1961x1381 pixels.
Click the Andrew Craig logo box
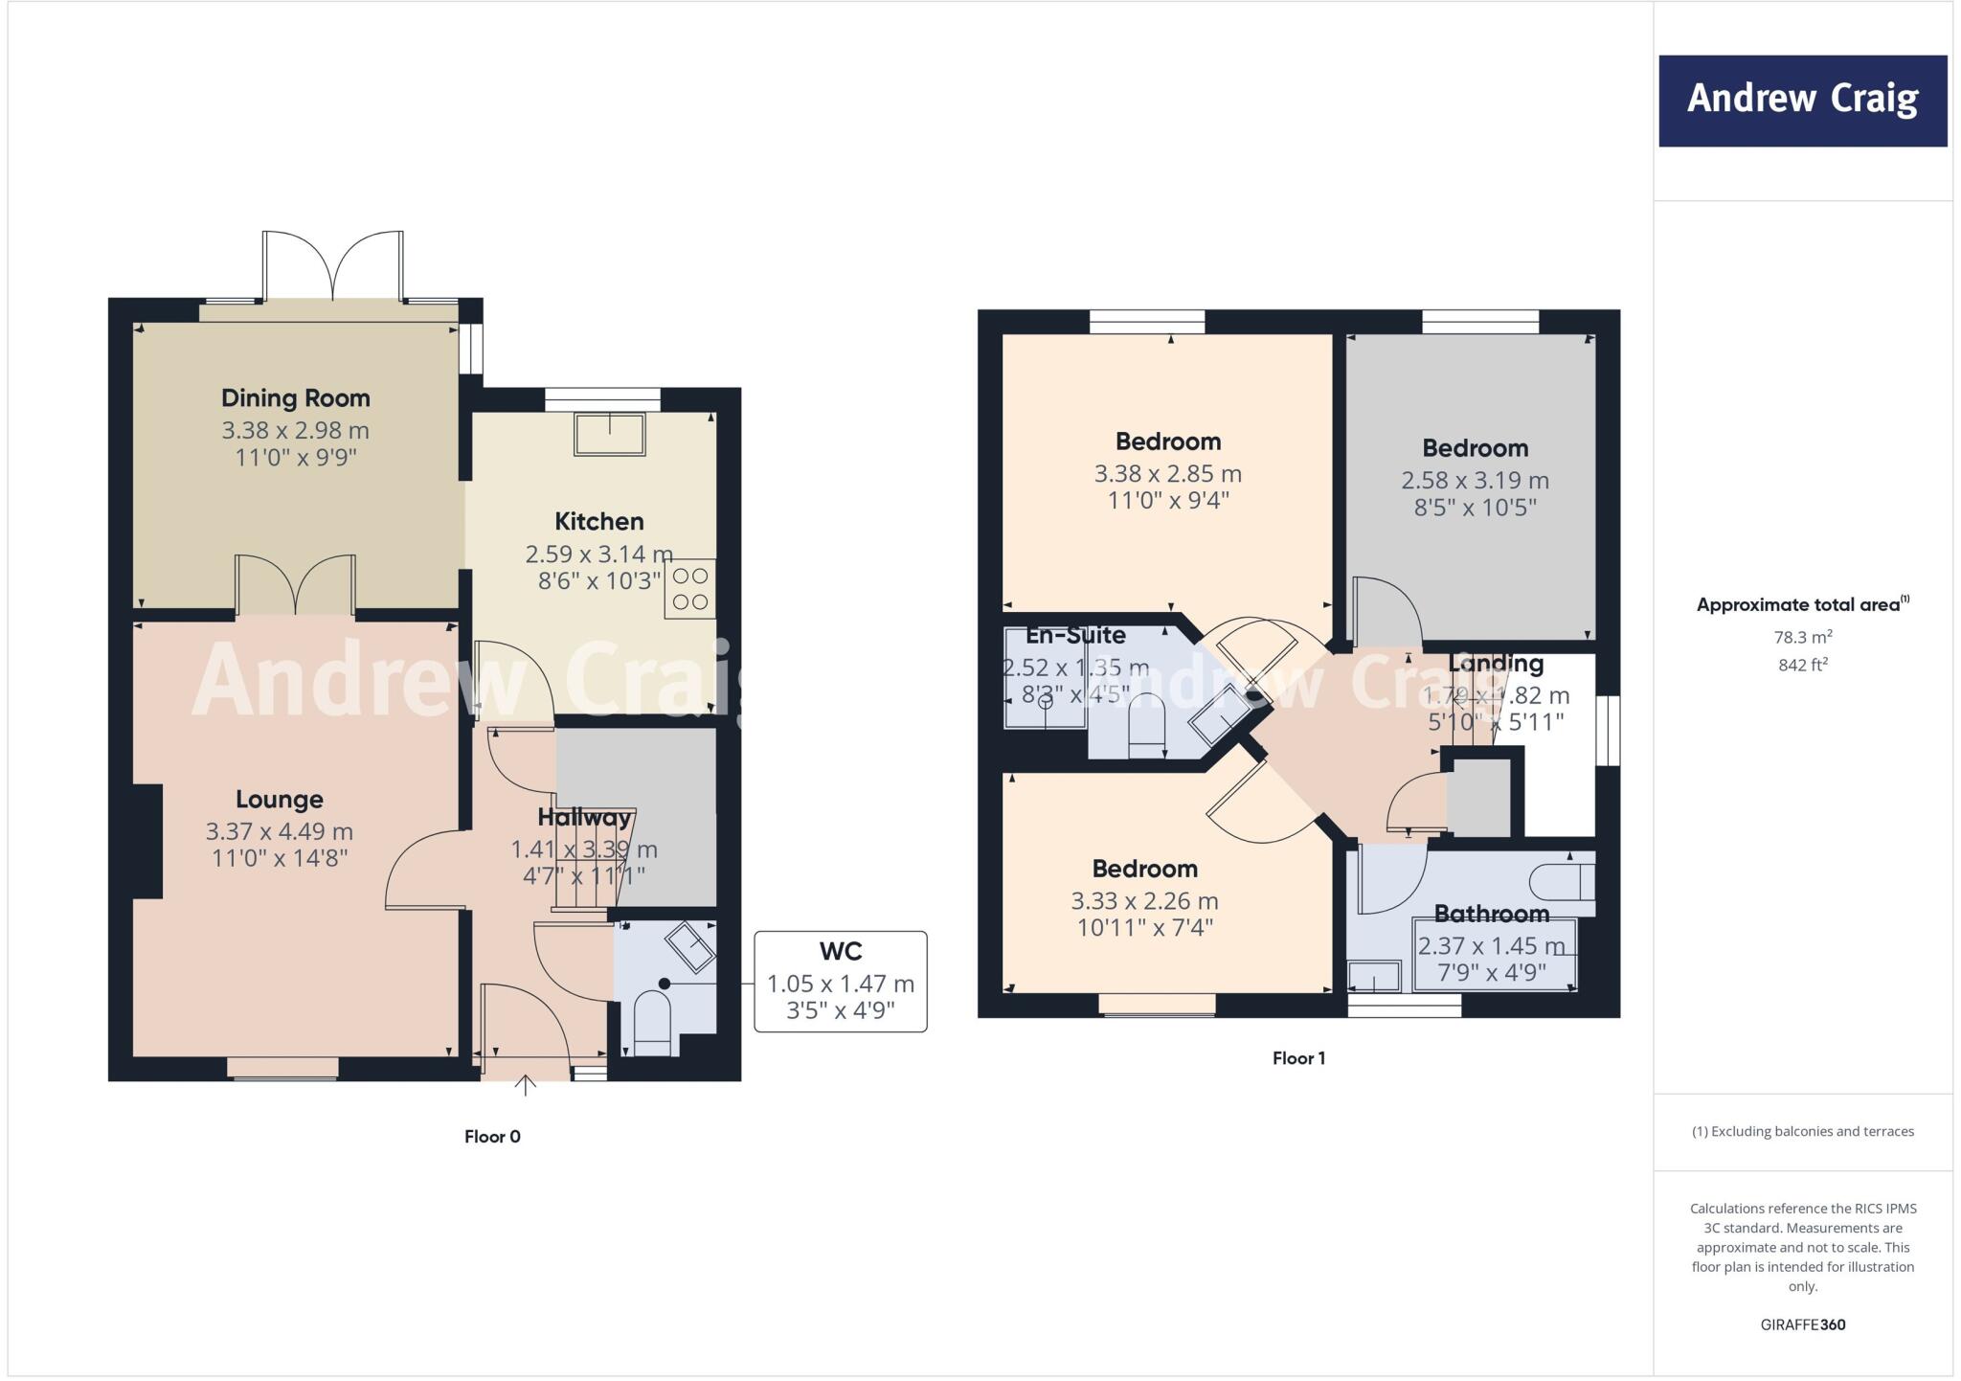(1802, 101)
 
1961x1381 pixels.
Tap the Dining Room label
(295, 397)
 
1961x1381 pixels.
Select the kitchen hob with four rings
(690, 589)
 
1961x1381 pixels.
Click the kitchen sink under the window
(610, 434)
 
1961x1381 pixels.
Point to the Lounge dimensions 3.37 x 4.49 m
(279, 831)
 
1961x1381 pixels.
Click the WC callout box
(840, 981)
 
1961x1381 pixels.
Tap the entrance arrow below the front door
(525, 1085)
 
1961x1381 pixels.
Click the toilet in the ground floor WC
(652, 1024)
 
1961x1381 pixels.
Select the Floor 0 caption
(492, 1137)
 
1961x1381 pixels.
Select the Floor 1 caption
(1298, 1058)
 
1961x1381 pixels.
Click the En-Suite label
(1075, 635)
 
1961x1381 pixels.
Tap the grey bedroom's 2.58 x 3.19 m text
(1475, 480)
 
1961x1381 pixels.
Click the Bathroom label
(1491, 914)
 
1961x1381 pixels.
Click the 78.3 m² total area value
(1803, 637)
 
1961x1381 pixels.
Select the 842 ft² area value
(1803, 665)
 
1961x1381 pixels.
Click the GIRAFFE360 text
(1802, 1324)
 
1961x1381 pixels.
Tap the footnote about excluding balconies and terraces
(1802, 1131)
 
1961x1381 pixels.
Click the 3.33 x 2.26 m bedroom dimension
(1144, 900)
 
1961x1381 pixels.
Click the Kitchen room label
(599, 521)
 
